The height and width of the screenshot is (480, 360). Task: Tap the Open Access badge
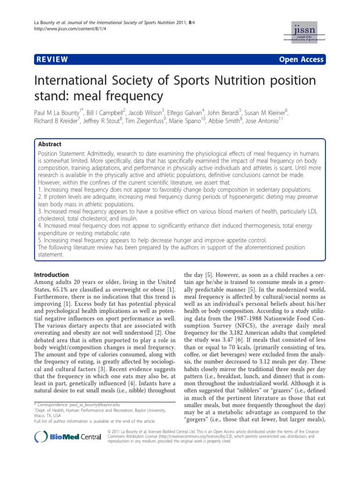pos(301,59)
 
